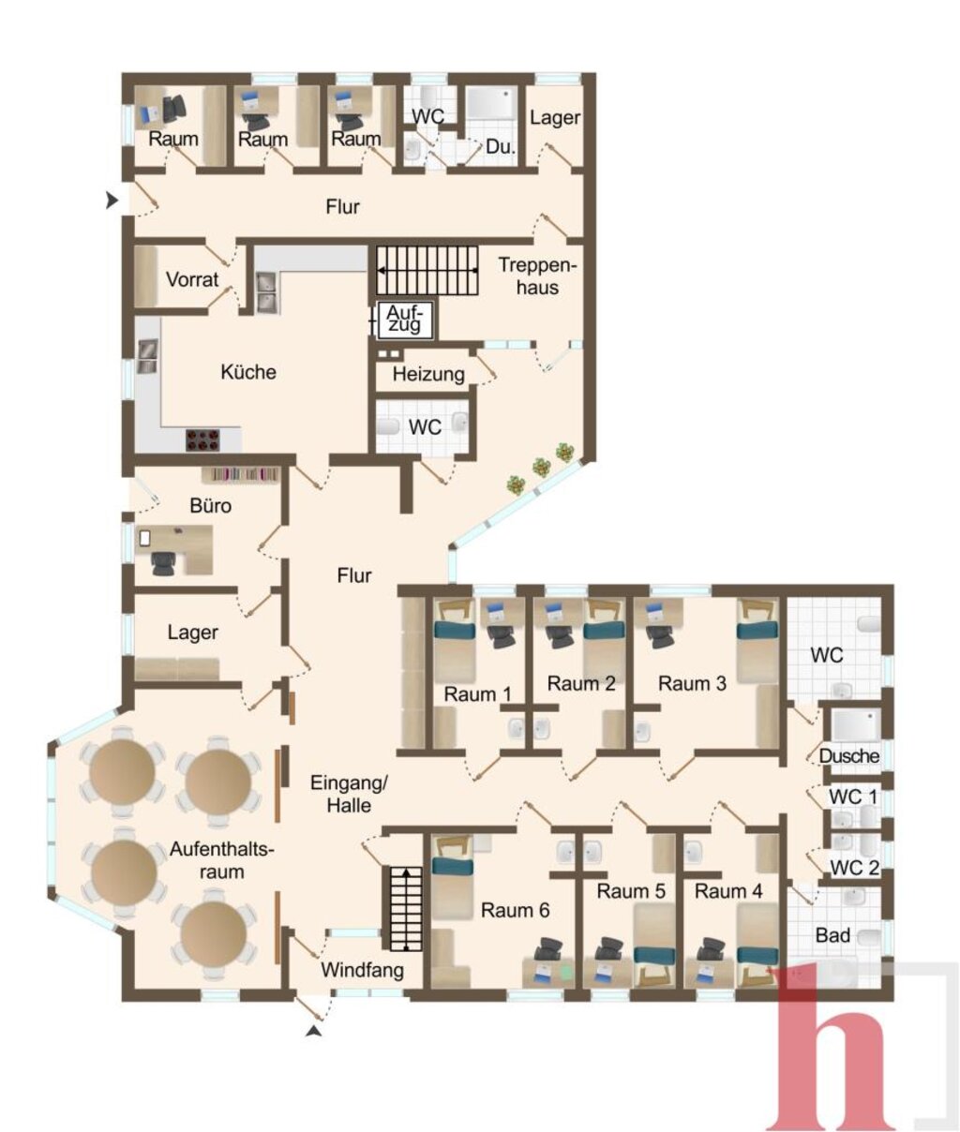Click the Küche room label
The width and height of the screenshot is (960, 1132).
tap(248, 372)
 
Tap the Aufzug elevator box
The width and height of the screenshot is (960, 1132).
tap(405, 320)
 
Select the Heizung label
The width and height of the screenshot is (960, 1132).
tap(428, 375)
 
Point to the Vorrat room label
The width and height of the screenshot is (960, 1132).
tap(192, 280)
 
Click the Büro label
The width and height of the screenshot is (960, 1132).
tap(210, 505)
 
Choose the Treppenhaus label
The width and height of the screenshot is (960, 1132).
tap(537, 276)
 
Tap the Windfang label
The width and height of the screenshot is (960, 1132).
tap(362, 971)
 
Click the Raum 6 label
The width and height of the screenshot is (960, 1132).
tap(515, 910)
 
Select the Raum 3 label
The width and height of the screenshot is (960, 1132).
tap(692, 683)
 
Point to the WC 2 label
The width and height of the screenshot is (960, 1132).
tap(854, 868)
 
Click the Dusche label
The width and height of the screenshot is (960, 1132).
tap(848, 756)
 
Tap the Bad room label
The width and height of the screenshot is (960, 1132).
tap(832, 935)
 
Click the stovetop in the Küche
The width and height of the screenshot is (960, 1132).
tap(203, 440)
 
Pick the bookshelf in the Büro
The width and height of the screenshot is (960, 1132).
tap(241, 475)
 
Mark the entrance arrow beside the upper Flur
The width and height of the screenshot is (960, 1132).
tap(112, 201)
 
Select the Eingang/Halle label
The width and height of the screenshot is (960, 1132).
tap(349, 794)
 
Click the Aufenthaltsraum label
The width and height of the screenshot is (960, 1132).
tap(221, 860)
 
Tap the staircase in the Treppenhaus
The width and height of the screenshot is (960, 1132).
tap(427, 271)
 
